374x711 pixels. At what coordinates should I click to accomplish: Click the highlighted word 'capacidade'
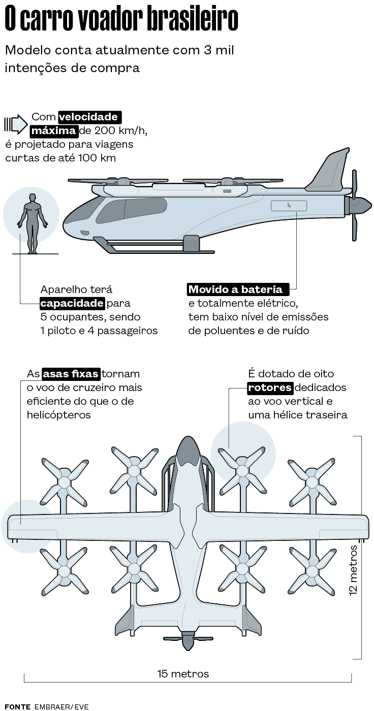[73, 303]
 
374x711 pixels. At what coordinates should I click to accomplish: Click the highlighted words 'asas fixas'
[71, 374]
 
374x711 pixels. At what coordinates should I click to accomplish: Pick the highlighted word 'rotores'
[270, 387]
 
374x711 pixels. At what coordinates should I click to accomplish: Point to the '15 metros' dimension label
[183, 674]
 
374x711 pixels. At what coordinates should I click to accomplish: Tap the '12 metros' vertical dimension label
[354, 569]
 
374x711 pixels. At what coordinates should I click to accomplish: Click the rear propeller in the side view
[355, 205]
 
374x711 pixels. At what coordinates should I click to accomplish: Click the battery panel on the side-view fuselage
[289, 206]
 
